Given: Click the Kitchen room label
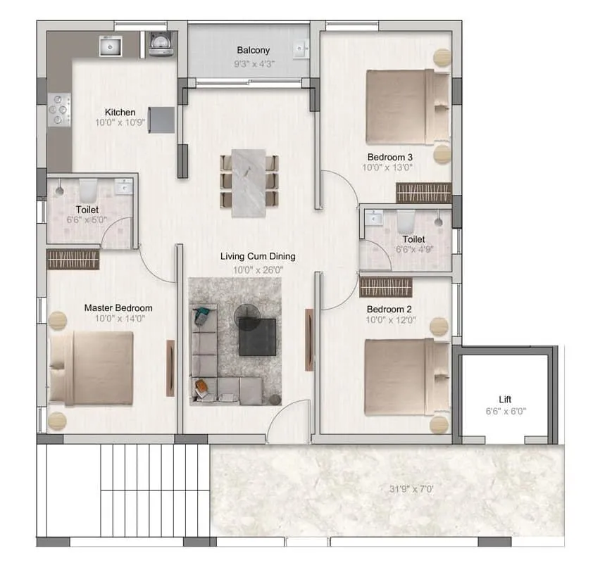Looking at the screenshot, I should [120, 113].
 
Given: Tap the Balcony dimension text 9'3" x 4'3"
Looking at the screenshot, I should [253, 63].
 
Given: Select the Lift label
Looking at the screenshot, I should [504, 399].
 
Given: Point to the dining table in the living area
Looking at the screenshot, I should [249, 182].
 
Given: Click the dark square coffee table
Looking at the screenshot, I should [257, 336].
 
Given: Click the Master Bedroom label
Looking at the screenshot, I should [118, 308].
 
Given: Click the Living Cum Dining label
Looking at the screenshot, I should [257, 257].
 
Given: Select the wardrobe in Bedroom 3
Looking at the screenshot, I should [423, 193].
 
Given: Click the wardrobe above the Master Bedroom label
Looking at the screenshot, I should [73, 259].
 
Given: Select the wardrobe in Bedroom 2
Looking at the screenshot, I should [386, 287].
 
